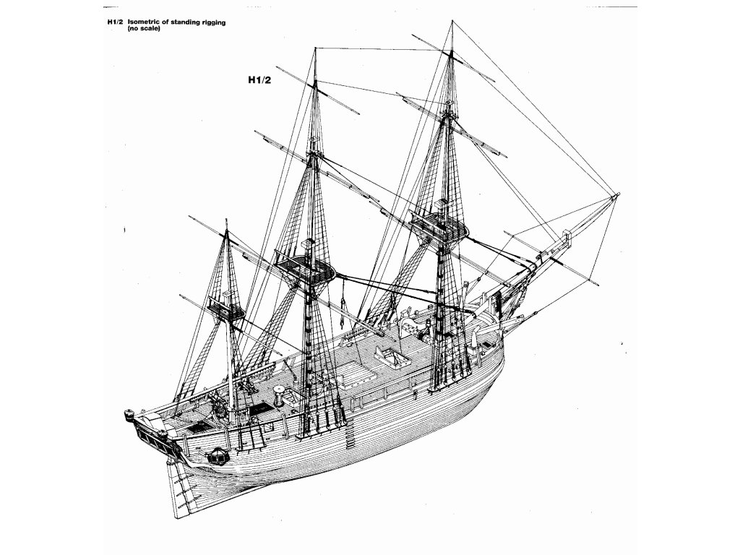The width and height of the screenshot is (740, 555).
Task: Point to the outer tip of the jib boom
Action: coord(616,194)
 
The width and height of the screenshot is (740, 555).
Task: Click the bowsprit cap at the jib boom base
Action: coord(567,238)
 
